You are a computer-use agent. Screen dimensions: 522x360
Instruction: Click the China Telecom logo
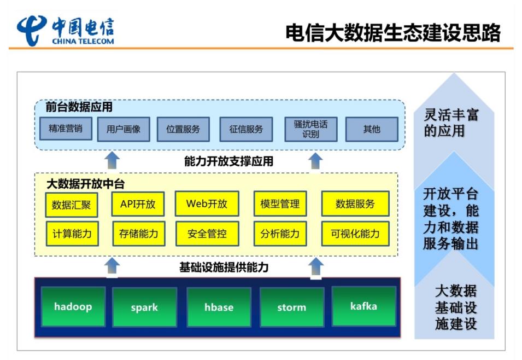click(66, 31)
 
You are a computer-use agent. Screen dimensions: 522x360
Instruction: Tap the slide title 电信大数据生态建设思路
click(393, 33)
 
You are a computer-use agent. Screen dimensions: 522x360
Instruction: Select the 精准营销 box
click(66, 129)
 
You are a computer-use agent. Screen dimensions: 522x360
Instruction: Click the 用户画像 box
click(124, 129)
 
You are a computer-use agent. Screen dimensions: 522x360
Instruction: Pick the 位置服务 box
click(183, 129)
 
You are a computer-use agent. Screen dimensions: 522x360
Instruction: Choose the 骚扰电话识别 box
click(310, 129)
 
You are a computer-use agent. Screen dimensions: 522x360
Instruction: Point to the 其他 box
click(372, 129)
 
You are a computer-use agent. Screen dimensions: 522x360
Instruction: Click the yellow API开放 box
click(138, 204)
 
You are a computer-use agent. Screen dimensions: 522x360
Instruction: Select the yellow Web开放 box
click(207, 204)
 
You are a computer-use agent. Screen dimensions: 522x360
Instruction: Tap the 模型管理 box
click(280, 204)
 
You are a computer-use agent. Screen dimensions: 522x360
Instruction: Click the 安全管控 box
click(207, 234)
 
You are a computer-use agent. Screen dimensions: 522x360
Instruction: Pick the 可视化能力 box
click(355, 234)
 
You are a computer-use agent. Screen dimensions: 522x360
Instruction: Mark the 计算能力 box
click(72, 234)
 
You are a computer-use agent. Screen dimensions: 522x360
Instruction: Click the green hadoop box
click(73, 306)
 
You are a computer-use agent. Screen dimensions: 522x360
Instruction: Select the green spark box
click(144, 307)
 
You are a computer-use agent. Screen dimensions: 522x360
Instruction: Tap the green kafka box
click(364, 306)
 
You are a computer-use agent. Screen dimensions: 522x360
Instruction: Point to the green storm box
click(292, 307)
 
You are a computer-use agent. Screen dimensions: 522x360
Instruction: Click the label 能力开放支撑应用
click(228, 161)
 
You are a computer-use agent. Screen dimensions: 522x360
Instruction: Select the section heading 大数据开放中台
click(86, 184)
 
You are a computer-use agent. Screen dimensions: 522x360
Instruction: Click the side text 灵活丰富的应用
click(451, 123)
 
